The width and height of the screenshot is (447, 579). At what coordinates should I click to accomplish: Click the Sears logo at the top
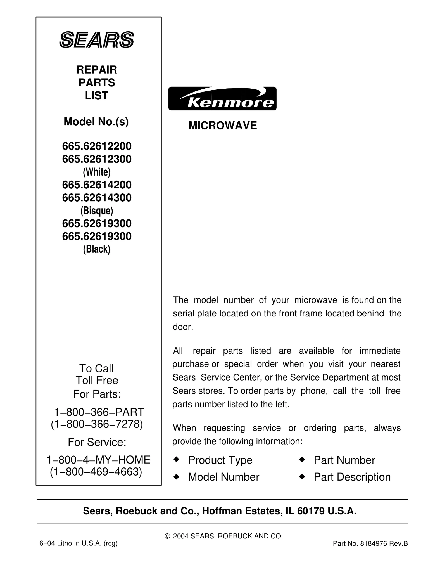click(97, 39)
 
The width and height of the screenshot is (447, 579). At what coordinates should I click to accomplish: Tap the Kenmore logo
click(222, 99)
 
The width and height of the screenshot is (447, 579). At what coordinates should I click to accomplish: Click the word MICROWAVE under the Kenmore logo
click(223, 126)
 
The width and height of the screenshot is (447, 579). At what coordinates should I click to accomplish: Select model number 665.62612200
click(97, 146)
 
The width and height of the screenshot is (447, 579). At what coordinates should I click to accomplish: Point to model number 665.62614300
click(97, 198)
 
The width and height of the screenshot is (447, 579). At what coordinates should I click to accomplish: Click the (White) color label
click(97, 172)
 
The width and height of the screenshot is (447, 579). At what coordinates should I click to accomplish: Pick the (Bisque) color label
click(97, 211)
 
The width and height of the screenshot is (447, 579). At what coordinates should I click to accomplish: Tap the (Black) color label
click(97, 249)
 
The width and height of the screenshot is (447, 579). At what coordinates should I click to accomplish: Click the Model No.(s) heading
click(96, 122)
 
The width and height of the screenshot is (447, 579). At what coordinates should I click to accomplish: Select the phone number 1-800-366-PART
click(99, 412)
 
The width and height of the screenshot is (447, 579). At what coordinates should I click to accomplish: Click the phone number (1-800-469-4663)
click(96, 472)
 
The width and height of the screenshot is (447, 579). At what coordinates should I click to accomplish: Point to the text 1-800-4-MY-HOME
click(98, 460)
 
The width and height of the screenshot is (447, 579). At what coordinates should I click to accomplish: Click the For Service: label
click(97, 442)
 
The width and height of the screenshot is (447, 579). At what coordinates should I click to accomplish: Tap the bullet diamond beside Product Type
click(176, 459)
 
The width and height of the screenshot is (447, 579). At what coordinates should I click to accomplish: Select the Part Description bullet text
click(352, 477)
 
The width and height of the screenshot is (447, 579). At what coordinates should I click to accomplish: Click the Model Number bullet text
click(223, 477)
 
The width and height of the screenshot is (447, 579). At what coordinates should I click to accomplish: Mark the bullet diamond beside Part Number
click(301, 459)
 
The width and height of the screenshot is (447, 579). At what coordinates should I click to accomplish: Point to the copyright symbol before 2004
click(167, 536)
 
